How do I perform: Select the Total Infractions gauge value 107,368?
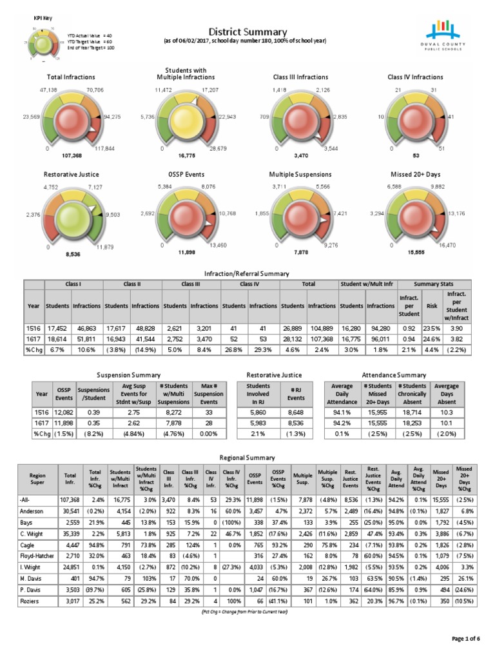(x=70, y=157)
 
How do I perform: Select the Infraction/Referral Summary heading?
(x=247, y=274)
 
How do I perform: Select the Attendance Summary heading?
(x=394, y=374)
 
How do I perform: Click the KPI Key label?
(x=43, y=19)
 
